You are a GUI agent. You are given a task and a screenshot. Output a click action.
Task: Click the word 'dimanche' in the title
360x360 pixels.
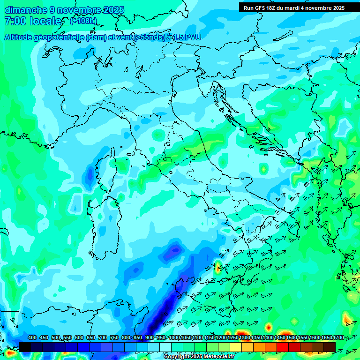[x=25, y=10]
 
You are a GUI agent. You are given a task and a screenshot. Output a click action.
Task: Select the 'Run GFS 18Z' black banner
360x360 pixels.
[x=294, y=7]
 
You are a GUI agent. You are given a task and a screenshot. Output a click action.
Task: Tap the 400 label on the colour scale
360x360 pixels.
[x=32, y=338]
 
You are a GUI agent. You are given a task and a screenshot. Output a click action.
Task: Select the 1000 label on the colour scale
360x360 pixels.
[x=174, y=338]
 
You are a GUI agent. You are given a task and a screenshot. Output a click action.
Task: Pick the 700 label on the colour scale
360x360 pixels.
[x=102, y=338]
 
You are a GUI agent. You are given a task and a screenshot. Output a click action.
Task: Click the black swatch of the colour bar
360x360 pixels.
[x=25, y=347]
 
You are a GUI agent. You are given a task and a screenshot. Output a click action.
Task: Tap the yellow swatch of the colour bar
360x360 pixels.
[x=236, y=347]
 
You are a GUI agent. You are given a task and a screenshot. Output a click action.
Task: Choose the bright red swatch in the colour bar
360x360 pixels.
[x=283, y=347]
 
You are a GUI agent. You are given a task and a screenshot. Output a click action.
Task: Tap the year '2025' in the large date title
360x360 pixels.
[x=113, y=10]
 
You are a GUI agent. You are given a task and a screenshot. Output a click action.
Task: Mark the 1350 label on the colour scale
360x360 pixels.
[x=256, y=338]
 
